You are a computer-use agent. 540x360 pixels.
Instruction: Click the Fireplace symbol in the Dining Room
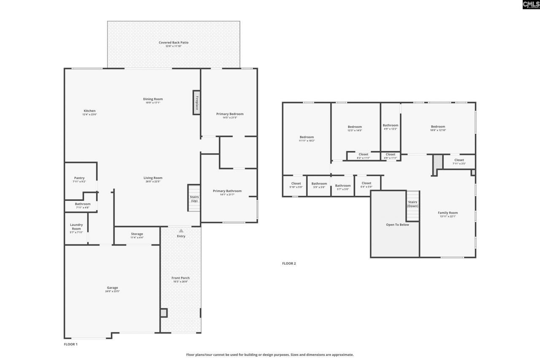tap(196, 102)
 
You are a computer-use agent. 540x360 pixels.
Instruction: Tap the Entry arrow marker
tap(181, 231)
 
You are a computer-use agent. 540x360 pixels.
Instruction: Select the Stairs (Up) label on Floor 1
tap(194, 198)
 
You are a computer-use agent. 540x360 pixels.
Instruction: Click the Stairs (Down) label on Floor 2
tap(413, 204)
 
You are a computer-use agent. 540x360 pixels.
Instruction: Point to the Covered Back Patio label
tap(173, 43)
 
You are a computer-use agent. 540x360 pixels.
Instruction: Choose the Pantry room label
tap(80, 178)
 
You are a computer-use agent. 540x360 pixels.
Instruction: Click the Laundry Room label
tap(76, 227)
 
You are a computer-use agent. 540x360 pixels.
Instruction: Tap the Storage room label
tap(137, 234)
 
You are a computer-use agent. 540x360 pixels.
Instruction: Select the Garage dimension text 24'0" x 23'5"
tap(112, 292)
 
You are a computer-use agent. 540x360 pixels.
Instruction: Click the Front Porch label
tap(181, 278)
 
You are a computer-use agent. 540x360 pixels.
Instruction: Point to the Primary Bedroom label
tap(230, 114)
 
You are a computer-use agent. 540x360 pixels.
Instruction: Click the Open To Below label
tap(397, 225)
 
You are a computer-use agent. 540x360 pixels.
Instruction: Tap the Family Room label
tap(448, 213)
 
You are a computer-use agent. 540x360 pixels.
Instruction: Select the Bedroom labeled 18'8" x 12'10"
tap(438, 127)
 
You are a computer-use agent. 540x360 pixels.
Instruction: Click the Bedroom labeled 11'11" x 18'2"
tap(307, 137)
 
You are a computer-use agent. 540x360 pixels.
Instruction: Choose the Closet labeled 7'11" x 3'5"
tap(459, 160)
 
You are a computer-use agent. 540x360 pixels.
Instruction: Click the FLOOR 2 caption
tap(289, 263)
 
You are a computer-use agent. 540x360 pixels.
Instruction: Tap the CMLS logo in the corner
tap(531, 5)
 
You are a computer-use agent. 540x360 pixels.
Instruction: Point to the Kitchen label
tap(89, 111)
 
